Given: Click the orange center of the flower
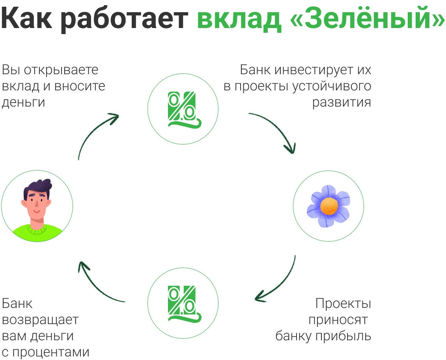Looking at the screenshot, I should click(x=329, y=206).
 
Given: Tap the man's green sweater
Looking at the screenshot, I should click(x=37, y=233).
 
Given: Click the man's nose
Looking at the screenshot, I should click(x=36, y=204).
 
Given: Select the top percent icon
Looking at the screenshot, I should click(x=183, y=109).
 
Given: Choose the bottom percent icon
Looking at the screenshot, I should click(x=183, y=302).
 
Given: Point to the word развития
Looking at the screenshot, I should click(x=341, y=102).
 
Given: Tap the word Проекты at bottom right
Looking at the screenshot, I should click(x=343, y=304).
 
